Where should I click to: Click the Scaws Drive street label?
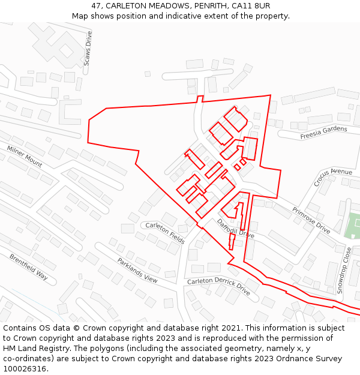click(88, 49)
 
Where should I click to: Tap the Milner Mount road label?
click(25, 156)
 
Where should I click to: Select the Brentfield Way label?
click(28, 267)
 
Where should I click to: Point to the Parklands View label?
click(137, 271)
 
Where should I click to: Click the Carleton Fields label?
click(165, 233)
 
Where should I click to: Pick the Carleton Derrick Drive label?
click(218, 286)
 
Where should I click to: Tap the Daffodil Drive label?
click(236, 228)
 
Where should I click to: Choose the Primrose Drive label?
click(311, 220)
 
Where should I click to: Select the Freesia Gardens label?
click(323, 133)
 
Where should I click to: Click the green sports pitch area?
click(353, 225)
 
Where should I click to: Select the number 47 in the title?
click(97, 6)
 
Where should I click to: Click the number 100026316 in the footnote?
click(25, 368)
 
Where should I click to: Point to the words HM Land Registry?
click(34, 348)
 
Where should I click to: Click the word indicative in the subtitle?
click(194, 16)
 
